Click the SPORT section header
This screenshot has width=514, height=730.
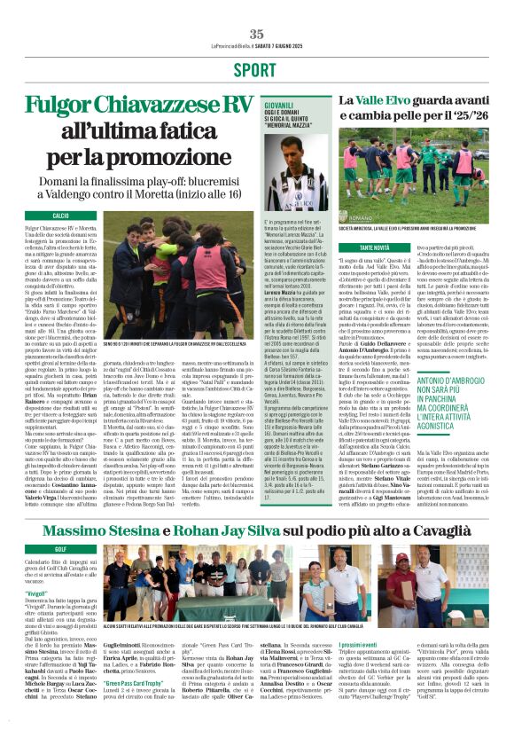point(255,70)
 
